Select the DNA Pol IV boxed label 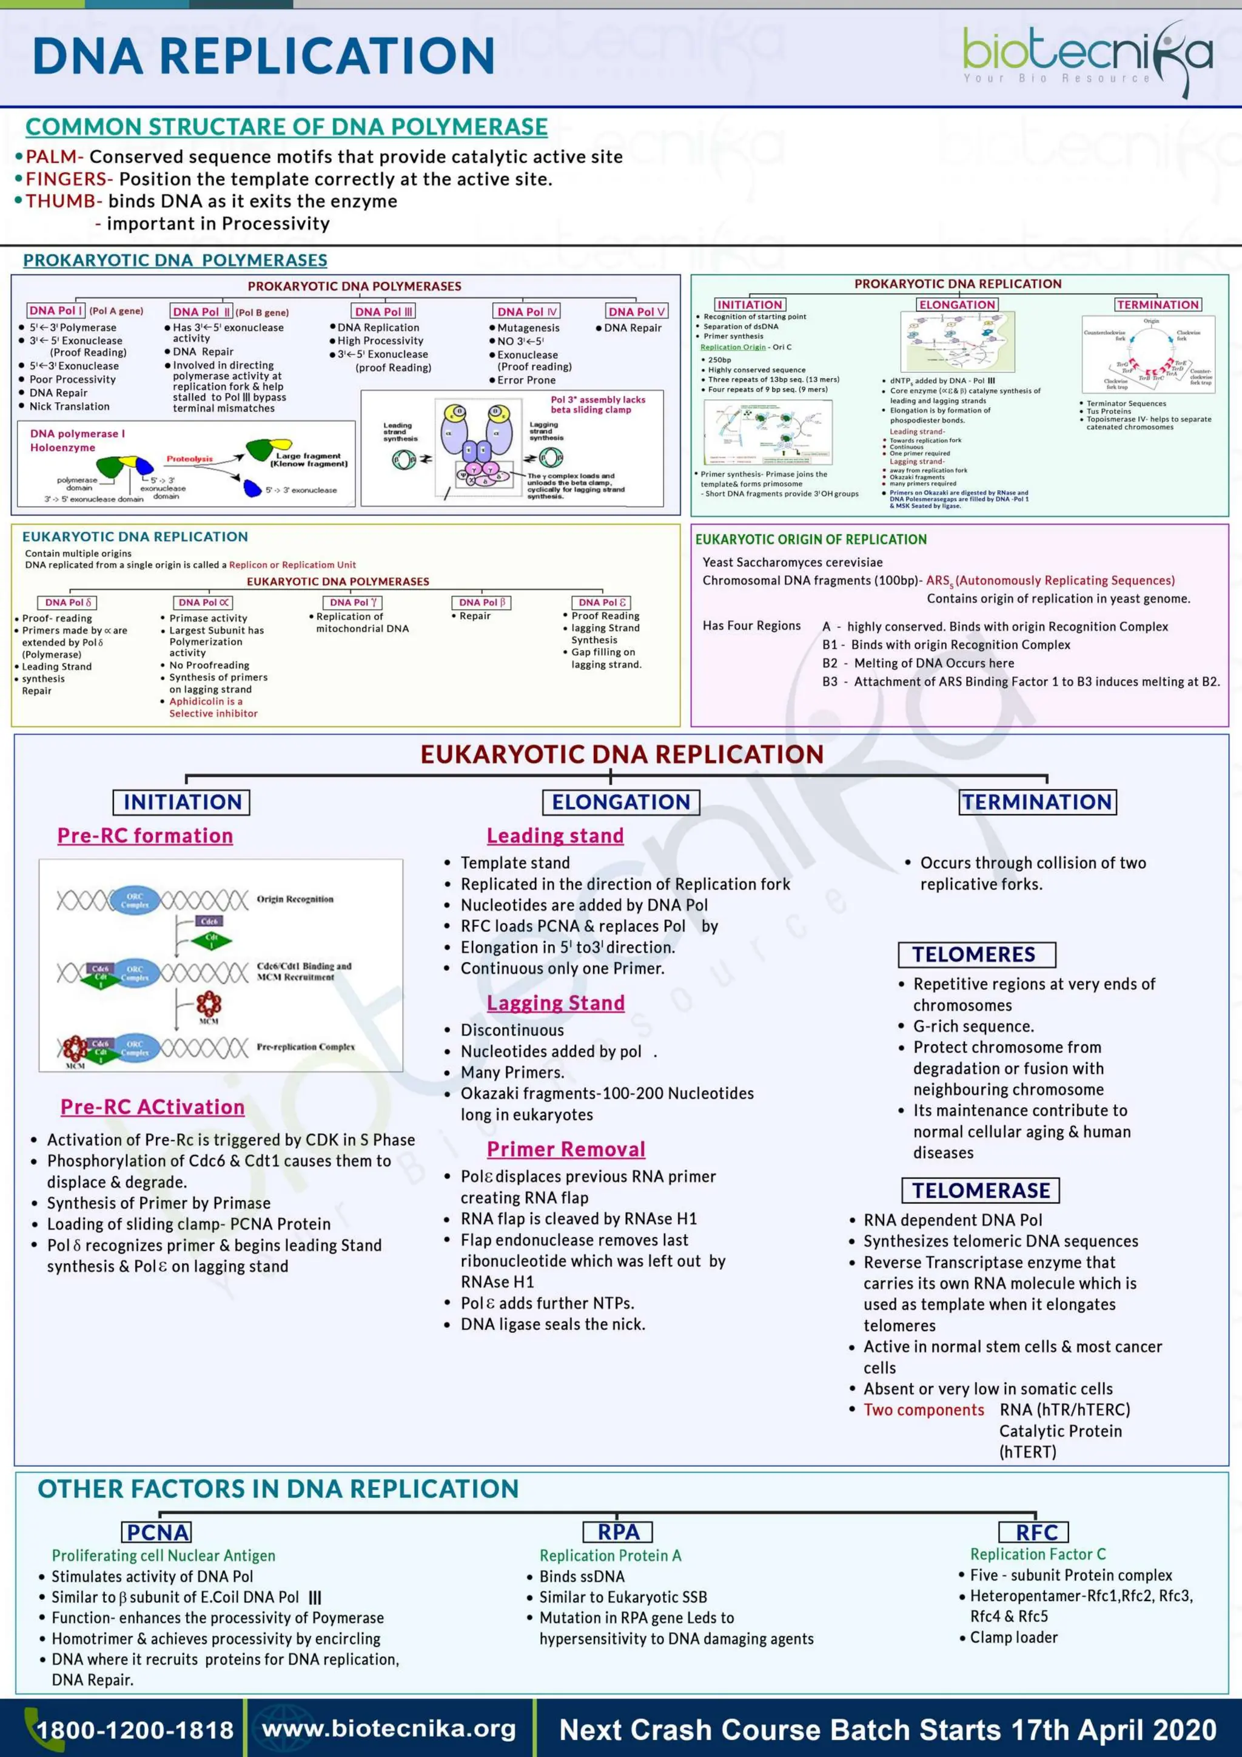pos(527,311)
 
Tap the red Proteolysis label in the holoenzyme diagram pos(190,459)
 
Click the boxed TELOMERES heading pos(976,954)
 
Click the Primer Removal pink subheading pos(566,1150)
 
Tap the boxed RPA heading pos(618,1532)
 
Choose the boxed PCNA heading pos(158,1533)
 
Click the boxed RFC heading pos(1036,1533)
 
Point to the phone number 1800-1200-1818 pos(135,1730)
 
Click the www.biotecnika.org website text pos(389,1728)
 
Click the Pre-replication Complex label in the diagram pos(305,1047)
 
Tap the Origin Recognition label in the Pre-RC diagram pos(295,899)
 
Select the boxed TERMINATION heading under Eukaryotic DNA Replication pos(1037,802)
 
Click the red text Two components pos(923,1409)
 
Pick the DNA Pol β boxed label pos(481,602)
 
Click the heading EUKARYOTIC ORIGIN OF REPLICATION pos(811,539)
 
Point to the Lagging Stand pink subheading pos(556,1003)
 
